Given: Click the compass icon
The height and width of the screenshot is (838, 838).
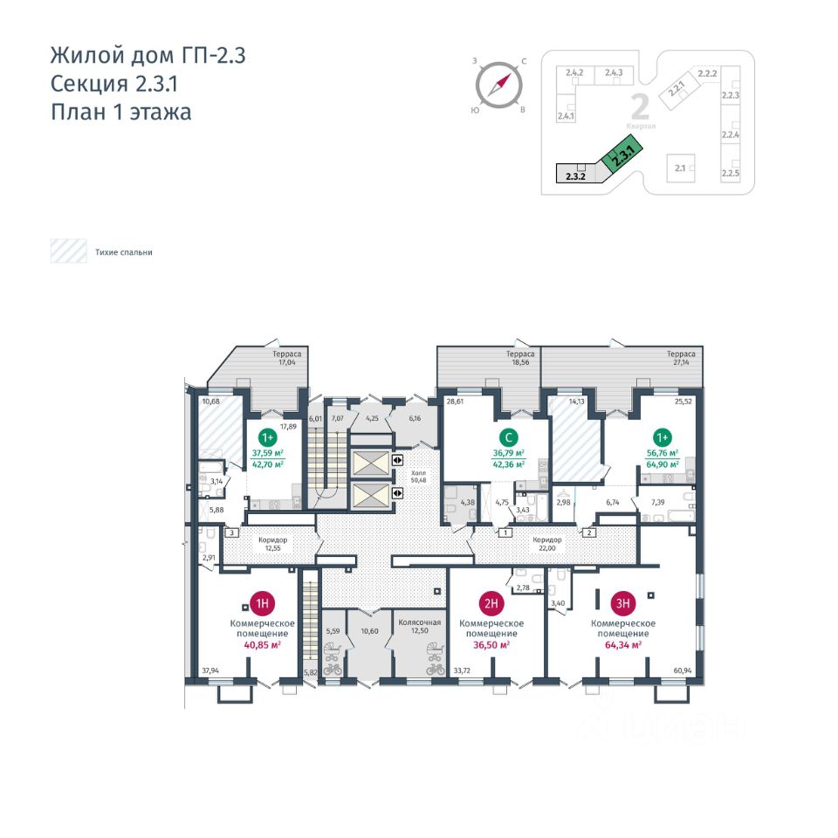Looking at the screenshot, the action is pyautogui.click(x=498, y=85).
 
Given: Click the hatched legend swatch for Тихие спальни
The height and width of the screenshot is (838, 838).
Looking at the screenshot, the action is pyautogui.click(x=67, y=252).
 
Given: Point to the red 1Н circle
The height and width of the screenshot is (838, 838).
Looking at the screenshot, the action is pyautogui.click(x=262, y=602).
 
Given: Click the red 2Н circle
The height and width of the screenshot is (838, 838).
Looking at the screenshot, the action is pyautogui.click(x=491, y=602).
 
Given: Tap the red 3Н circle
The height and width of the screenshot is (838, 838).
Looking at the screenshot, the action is pyautogui.click(x=622, y=602).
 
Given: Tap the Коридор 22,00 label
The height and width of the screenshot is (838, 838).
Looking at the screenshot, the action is pyautogui.click(x=548, y=545).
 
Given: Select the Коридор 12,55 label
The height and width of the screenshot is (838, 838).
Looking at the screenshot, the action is pyautogui.click(x=272, y=545).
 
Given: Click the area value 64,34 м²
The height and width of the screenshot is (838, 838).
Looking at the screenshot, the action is pyautogui.click(x=623, y=645).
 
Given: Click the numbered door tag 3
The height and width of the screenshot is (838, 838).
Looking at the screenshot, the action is pyautogui.click(x=232, y=532).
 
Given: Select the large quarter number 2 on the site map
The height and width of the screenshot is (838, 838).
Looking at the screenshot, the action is pyautogui.click(x=640, y=107).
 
